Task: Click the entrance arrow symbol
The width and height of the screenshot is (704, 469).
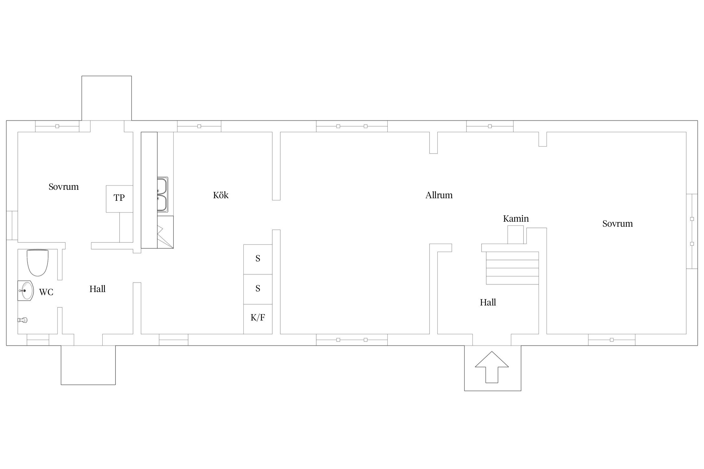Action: click(x=492, y=367)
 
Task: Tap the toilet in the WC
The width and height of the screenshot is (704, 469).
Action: click(x=38, y=263)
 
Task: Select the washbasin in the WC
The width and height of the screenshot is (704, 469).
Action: click(x=25, y=291)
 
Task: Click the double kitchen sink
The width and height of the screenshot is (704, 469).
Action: click(x=162, y=194)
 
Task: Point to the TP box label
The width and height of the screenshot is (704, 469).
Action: click(x=119, y=198)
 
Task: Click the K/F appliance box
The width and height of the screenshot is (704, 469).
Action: click(x=258, y=319)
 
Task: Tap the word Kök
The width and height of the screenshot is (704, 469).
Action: click(x=221, y=195)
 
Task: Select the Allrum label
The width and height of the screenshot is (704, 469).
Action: click(x=439, y=195)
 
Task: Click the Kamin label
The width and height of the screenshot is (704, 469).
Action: click(x=516, y=219)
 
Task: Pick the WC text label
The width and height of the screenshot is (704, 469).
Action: click(x=46, y=292)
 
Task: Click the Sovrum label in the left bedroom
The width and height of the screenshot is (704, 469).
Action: click(x=64, y=187)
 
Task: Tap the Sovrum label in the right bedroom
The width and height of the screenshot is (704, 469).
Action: click(x=618, y=224)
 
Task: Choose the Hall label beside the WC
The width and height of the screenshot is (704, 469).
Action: click(x=98, y=289)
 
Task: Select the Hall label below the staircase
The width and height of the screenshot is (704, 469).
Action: click(x=488, y=302)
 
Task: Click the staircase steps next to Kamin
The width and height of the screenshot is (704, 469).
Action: click(x=513, y=268)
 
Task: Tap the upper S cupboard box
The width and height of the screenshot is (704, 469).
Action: click(x=258, y=259)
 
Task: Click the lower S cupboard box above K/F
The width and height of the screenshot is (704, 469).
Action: click(x=258, y=289)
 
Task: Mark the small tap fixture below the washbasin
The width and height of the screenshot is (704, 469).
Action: click(x=23, y=320)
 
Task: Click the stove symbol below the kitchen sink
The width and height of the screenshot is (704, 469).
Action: click(x=165, y=232)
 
